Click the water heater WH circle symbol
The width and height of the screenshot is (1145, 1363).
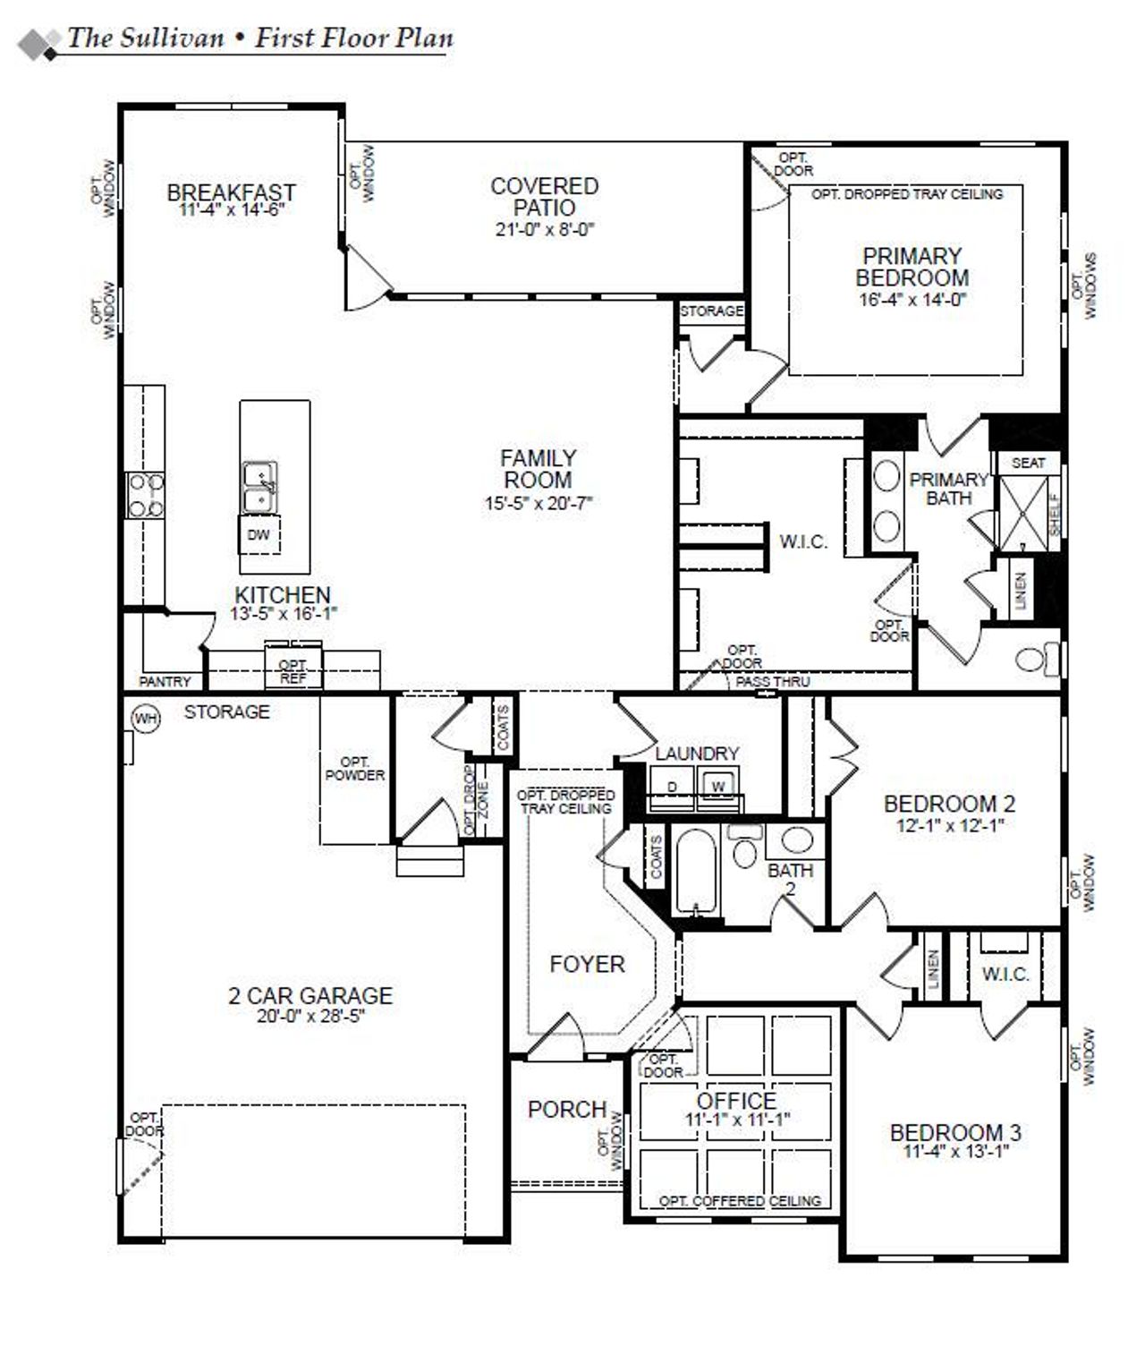tap(145, 718)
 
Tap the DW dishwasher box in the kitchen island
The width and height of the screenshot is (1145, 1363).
tap(259, 535)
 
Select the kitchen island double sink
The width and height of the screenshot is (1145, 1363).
tap(259, 488)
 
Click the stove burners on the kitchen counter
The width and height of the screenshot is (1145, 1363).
tap(145, 496)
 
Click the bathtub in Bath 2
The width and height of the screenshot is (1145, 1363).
tap(698, 873)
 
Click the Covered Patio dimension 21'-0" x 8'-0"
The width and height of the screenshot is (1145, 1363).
tap(544, 229)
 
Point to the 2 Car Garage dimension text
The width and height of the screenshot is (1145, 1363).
tap(310, 1017)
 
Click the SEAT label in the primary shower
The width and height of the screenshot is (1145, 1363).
tap(1028, 463)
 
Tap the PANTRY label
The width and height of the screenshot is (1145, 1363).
tap(165, 681)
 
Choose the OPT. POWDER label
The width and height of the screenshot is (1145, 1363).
tap(354, 769)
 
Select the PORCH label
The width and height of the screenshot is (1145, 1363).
tap(567, 1110)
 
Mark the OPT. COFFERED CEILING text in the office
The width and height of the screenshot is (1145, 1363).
tap(740, 1201)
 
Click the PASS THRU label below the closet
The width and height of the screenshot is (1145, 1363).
tap(773, 682)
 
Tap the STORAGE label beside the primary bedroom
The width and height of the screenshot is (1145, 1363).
tap(711, 311)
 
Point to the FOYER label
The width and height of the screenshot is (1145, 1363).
tap(587, 964)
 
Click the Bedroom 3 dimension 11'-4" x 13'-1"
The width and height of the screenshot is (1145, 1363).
tap(955, 1153)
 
